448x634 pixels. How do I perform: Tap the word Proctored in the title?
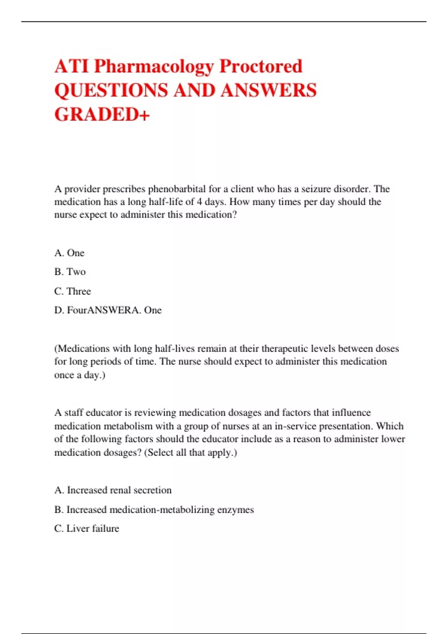click(x=261, y=66)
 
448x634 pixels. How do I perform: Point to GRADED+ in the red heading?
click(x=102, y=114)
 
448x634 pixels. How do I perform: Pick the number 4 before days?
click(x=199, y=202)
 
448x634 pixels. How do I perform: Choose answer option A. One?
click(x=69, y=253)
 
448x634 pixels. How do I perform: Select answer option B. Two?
click(x=70, y=272)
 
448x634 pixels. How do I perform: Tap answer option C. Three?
click(x=72, y=291)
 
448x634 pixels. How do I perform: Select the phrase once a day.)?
click(x=80, y=375)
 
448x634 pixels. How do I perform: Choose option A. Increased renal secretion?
click(x=113, y=490)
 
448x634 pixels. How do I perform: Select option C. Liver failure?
click(x=87, y=528)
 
